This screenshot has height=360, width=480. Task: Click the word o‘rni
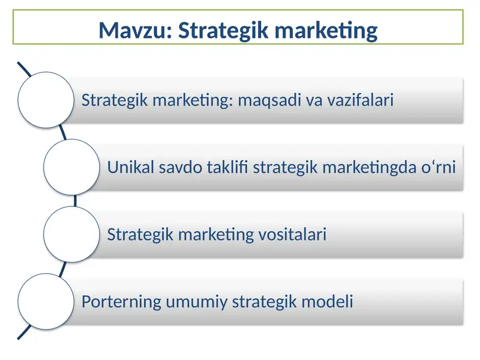(x=437, y=167)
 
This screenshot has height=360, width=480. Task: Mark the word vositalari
(x=292, y=234)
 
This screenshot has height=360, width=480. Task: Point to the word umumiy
(x=191, y=301)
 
